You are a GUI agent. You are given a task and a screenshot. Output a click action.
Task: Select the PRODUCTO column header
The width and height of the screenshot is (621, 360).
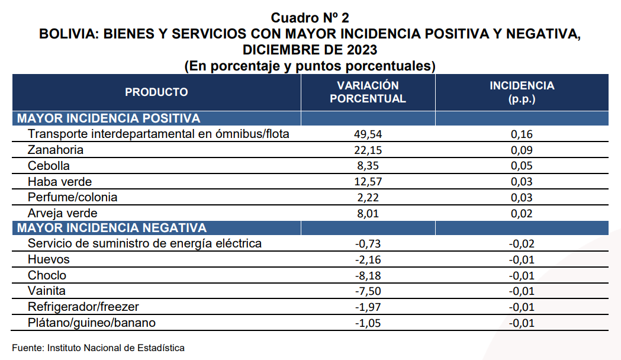(x=156, y=92)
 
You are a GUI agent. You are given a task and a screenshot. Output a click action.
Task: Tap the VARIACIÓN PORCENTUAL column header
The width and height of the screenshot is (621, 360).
(x=368, y=92)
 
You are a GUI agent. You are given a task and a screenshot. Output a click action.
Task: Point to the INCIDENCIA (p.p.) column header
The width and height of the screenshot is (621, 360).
(x=522, y=92)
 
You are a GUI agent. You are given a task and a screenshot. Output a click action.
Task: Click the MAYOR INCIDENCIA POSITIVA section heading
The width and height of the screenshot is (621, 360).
(x=108, y=118)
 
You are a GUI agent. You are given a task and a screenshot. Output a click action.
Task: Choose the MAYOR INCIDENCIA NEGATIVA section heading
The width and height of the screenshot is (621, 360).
(x=112, y=228)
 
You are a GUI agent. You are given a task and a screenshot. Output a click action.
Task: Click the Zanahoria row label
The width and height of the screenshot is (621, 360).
(x=56, y=150)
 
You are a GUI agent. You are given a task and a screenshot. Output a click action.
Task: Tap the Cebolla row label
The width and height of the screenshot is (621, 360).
(x=49, y=166)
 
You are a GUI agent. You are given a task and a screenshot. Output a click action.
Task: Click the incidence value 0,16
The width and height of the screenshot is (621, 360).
(x=522, y=134)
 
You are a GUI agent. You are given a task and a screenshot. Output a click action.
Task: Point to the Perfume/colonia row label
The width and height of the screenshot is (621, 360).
(x=72, y=197)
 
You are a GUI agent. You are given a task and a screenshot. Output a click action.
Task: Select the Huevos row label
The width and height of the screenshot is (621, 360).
(x=49, y=259)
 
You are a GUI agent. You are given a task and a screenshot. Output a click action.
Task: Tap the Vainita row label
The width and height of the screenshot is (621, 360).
(x=47, y=291)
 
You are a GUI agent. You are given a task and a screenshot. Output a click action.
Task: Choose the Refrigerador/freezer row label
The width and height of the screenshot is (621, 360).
(x=83, y=307)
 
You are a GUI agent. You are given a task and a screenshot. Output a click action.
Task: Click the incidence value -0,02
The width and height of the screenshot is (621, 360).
(x=522, y=244)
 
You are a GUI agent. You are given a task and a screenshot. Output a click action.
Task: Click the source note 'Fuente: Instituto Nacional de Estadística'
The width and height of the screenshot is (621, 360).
(x=98, y=348)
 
